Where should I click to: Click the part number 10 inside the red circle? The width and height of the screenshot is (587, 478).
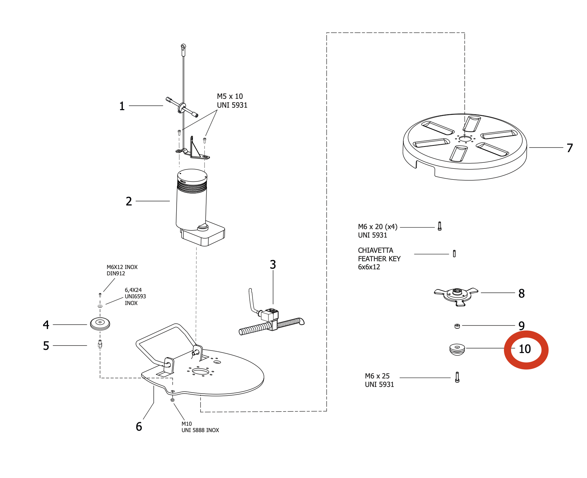[525, 349]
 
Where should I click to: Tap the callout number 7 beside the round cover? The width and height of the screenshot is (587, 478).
[569, 148]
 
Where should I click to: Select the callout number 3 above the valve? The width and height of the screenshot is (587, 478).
[273, 264]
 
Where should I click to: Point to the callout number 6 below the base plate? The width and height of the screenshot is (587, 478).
[139, 426]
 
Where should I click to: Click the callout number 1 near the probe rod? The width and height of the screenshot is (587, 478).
[122, 106]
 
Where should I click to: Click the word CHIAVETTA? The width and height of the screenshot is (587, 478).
[375, 250]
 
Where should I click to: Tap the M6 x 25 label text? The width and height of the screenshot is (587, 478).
[377, 376]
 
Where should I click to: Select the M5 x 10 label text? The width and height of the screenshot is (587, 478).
[230, 96]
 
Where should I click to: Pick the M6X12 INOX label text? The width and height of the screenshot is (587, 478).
[122, 267]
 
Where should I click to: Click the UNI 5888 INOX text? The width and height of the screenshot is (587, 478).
[200, 430]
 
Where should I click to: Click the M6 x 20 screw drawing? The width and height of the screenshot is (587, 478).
[440, 226]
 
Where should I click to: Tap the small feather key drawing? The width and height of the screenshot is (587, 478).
[454, 253]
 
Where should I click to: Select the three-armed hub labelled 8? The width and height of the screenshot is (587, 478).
[456, 295]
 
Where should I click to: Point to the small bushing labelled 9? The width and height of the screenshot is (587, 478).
[457, 325]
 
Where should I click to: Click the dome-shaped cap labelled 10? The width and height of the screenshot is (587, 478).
[457, 349]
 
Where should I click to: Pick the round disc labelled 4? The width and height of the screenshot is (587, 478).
[100, 323]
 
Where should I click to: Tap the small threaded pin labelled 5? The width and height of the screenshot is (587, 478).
[100, 344]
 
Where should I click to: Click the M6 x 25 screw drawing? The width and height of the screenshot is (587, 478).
[457, 377]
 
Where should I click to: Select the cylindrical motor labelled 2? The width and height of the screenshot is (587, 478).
[192, 201]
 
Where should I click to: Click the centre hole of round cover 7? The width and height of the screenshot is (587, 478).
[465, 138]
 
